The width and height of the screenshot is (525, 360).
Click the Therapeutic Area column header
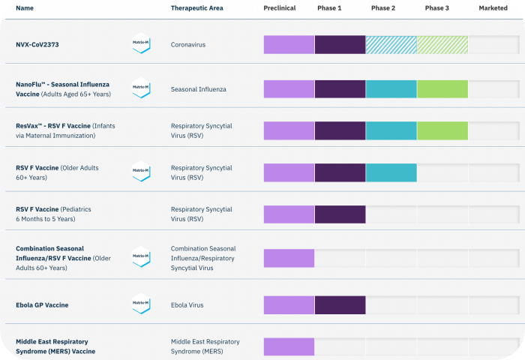coord(196,8)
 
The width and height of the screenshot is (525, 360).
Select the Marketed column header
coord(493,8)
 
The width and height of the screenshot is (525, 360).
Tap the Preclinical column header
coord(280,8)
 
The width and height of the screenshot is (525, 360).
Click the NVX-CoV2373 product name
coord(37,44)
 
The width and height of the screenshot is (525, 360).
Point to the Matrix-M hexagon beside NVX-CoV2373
coord(141,43)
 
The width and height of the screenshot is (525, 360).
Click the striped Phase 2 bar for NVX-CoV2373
coord(391,45)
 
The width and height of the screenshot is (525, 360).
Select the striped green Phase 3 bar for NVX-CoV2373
coord(442,45)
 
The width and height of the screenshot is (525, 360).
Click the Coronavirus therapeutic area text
coord(188,44)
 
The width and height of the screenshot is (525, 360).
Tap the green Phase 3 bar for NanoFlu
coord(442,89)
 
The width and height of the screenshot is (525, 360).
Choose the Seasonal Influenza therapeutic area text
coord(199,89)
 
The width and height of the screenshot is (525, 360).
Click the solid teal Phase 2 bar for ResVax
coord(391,130)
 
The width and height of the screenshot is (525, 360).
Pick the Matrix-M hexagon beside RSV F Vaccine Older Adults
coord(141,171)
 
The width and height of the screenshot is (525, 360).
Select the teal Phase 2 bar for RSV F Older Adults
coord(391,172)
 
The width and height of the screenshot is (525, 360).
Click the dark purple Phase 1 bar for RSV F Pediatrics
coord(340,214)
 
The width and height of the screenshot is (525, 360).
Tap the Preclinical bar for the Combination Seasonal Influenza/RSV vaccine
coord(289,258)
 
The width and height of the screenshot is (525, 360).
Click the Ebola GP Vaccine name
coord(42,305)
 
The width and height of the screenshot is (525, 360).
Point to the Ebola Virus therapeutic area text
coord(187,305)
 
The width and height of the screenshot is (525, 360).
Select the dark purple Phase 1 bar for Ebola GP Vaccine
coord(340,305)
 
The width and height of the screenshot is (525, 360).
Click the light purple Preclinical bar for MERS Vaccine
coord(289,346)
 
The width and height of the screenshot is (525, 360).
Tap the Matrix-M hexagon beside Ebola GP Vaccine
coord(141,304)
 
